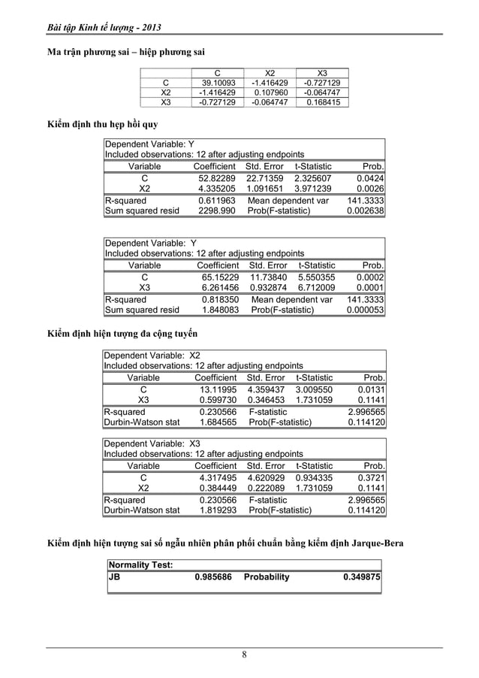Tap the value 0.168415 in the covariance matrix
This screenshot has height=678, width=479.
322,102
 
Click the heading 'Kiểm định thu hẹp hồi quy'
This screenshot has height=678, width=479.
103,124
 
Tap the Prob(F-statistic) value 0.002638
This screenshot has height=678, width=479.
366,212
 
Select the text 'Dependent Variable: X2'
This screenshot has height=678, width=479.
152,355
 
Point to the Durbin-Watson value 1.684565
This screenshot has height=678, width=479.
218,423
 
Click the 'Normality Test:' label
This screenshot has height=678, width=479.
141,564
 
